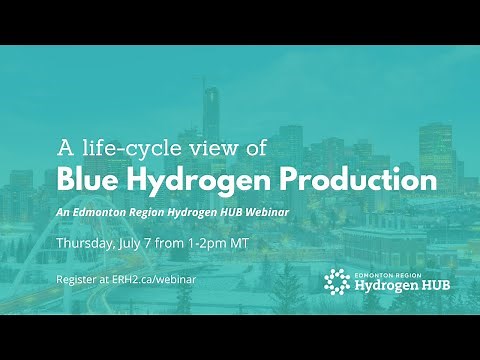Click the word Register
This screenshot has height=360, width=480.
point(75,281)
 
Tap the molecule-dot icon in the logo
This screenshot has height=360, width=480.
point(336,282)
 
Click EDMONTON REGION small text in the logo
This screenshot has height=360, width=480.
point(384,271)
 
